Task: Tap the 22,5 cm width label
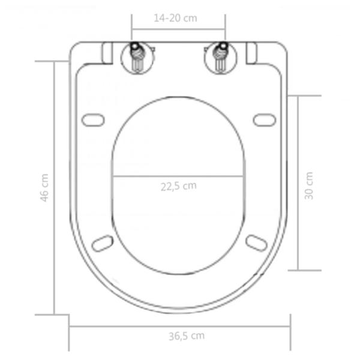pyautogui.click(x=178, y=185)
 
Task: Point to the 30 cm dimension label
pyautogui.click(x=308, y=186)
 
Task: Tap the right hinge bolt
pyautogui.click(x=220, y=58)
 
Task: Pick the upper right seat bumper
pyautogui.click(x=264, y=120)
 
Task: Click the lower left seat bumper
pyautogui.click(x=103, y=242)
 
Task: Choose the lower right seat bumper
pyautogui.click(x=256, y=242)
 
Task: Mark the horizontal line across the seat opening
pyautogui.click(x=178, y=176)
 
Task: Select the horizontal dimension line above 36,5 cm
pyautogui.click(x=180, y=326)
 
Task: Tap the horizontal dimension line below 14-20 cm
pyautogui.click(x=178, y=28)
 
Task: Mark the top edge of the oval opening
pyautogui.click(x=178, y=97)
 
